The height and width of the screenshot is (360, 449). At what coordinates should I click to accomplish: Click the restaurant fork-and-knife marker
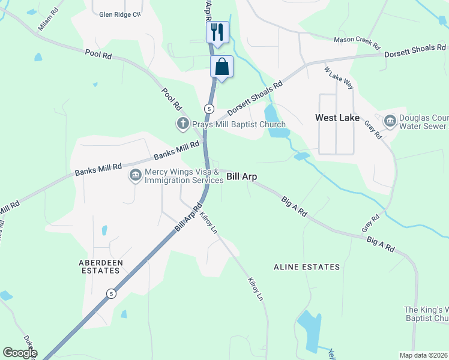217,32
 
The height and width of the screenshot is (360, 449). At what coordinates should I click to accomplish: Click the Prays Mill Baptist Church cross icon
182,124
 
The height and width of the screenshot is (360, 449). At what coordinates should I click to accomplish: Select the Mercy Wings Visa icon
134,176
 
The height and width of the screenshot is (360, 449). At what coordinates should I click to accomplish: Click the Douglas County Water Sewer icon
390,122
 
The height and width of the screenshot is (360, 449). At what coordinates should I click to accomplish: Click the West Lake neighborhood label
337,118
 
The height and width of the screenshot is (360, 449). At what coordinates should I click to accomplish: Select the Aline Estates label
307,267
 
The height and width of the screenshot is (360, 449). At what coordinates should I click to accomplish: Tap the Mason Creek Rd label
357,43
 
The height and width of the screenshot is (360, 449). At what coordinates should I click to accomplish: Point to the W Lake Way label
339,78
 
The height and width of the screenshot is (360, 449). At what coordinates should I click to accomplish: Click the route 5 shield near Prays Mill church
208,109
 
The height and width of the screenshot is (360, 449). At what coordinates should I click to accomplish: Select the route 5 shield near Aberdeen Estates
111,293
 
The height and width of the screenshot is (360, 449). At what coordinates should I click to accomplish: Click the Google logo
20,353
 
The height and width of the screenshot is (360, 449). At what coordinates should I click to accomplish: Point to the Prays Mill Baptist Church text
238,125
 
